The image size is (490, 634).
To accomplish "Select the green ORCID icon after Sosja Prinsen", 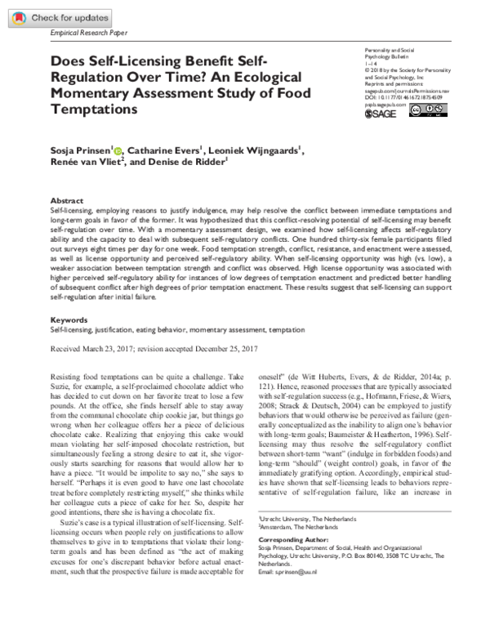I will pos(118,150).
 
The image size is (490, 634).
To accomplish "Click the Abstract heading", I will pos(67,200).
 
